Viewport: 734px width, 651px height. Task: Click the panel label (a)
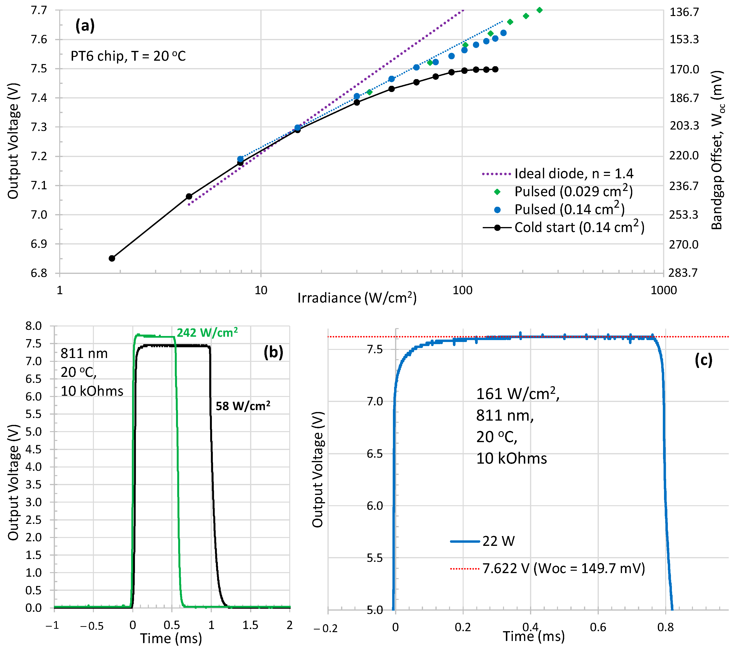point(85,26)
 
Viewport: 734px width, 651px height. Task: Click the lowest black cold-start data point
point(112,258)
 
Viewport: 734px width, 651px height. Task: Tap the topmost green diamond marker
point(539,10)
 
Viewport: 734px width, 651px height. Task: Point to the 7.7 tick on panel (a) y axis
point(39,11)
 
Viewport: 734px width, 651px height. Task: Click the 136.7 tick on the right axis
point(684,12)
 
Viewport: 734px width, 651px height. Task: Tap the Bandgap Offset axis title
point(717,150)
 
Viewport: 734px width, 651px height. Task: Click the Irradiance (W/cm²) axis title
point(357,298)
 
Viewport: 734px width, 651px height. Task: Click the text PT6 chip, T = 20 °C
point(128,56)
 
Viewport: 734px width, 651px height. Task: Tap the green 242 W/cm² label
point(207,333)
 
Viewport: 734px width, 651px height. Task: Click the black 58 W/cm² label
point(243,406)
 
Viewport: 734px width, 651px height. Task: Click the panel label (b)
point(273,353)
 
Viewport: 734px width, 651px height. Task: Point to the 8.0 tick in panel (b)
point(33,326)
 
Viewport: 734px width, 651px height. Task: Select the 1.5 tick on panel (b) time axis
point(250,625)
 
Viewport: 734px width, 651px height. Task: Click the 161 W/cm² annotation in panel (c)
point(517,394)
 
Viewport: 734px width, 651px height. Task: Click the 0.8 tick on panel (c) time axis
point(665,627)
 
